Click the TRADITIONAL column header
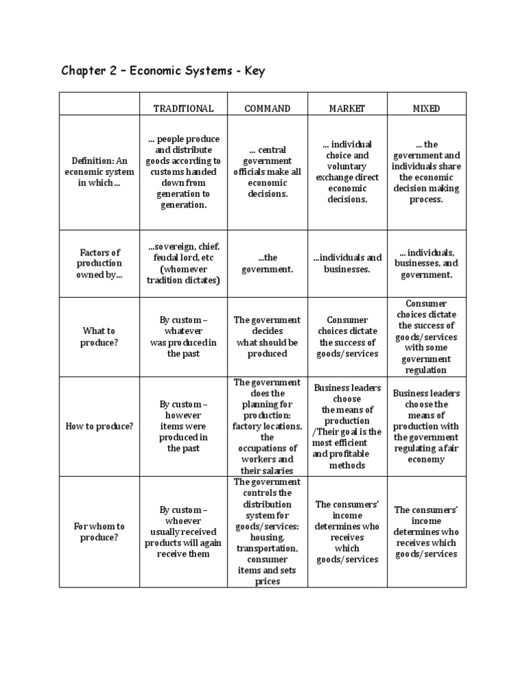(x=183, y=109)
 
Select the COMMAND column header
(x=267, y=109)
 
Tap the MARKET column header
(x=347, y=109)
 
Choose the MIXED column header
(x=426, y=109)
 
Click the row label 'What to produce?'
(x=99, y=337)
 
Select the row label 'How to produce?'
(x=99, y=426)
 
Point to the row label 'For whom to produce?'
(x=99, y=531)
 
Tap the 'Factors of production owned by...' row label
(x=99, y=263)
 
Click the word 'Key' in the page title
(x=251, y=71)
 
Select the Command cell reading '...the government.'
(x=267, y=263)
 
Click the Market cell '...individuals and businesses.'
(x=347, y=263)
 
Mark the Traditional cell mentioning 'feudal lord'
(x=183, y=263)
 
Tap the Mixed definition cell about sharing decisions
(x=426, y=171)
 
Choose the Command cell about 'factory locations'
(x=267, y=426)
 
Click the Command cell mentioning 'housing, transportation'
(x=267, y=531)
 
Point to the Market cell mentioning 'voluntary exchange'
(x=347, y=171)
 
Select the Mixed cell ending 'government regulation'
(x=426, y=337)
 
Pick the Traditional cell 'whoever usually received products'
(x=183, y=531)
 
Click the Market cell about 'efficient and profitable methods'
(x=347, y=426)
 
